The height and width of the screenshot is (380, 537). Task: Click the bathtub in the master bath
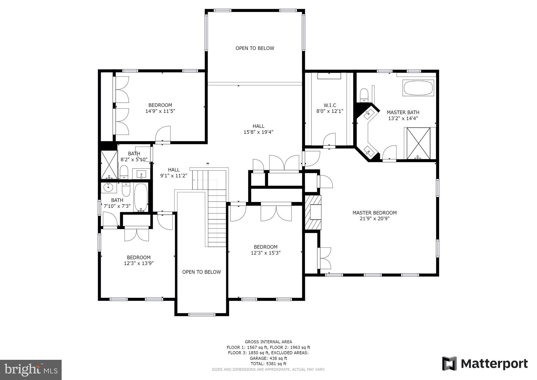(x=418, y=88)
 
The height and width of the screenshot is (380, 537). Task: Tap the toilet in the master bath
(x=364, y=95)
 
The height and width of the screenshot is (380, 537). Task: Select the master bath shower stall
(x=418, y=143)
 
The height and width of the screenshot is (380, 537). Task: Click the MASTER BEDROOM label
(x=374, y=213)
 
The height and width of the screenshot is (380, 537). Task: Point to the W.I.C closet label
(x=330, y=105)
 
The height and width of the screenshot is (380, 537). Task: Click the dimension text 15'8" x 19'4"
(x=258, y=132)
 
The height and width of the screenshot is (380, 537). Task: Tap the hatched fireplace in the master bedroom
(x=313, y=212)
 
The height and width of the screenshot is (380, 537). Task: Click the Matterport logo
(x=485, y=364)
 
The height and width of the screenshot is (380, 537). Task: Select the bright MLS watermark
(x=31, y=370)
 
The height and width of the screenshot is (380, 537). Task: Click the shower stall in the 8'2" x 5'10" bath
(x=109, y=165)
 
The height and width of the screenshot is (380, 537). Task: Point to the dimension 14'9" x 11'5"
(x=160, y=111)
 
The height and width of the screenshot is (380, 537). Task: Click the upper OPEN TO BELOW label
(x=255, y=48)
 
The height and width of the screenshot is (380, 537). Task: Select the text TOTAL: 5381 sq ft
(x=268, y=364)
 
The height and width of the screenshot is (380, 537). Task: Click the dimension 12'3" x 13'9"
(x=139, y=263)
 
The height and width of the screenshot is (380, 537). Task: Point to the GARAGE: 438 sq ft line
(x=268, y=358)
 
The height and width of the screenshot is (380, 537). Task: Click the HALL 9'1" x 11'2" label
(x=174, y=173)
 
